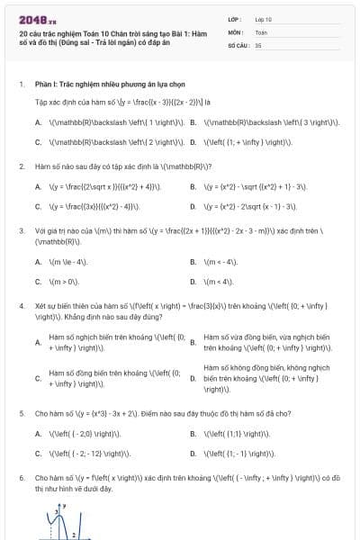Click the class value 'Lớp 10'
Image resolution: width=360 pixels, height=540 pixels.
coord(263,18)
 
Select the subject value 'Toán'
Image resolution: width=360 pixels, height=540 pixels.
coord(261,31)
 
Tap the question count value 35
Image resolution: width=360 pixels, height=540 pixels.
coord(258,44)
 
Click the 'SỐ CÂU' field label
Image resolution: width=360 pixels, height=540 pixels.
coord(238,44)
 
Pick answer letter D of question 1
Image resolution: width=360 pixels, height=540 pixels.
coord(193,141)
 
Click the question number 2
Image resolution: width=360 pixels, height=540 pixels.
coord(21,166)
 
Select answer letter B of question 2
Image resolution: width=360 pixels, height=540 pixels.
coord(193,187)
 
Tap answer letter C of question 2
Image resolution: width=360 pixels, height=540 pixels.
coord(39,206)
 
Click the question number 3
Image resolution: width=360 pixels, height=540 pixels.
coord(21,230)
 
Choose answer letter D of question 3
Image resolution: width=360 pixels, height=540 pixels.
coord(193,281)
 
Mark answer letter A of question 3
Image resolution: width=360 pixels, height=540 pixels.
coord(39,262)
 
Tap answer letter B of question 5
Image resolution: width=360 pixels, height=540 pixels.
coord(193,433)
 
